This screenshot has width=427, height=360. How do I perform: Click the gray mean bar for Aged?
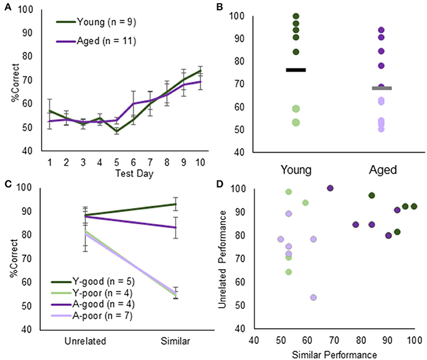click(x=380, y=88)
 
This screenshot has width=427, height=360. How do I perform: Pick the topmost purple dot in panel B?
click(x=380, y=30)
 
